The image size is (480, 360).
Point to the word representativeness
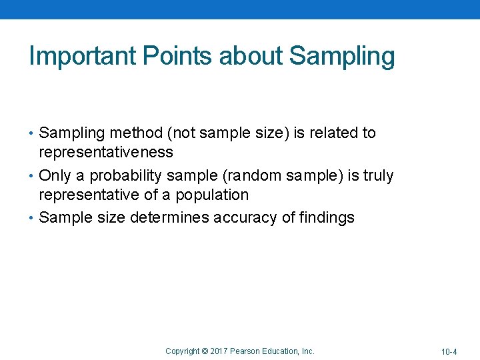(x=106, y=153)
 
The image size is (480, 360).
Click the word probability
(x=127, y=177)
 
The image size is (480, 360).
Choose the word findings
(x=327, y=219)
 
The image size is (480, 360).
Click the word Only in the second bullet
(x=53, y=176)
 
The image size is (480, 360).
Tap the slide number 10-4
(x=448, y=351)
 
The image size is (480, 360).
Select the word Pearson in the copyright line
(x=248, y=351)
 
